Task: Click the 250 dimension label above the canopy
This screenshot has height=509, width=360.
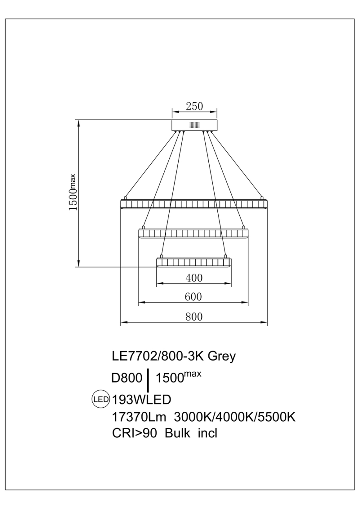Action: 194,106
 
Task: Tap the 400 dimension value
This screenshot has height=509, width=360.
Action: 194,278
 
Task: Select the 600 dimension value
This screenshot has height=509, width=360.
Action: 194,297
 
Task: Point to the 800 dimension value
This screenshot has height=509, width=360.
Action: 194,317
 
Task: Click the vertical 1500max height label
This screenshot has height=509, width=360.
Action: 74,193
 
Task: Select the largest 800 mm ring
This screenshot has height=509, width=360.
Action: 194,204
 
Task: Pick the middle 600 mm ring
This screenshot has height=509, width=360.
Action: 194,234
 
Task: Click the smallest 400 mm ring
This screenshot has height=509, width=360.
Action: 194,262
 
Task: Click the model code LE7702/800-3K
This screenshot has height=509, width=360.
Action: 157,357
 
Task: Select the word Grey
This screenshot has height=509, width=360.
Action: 221,357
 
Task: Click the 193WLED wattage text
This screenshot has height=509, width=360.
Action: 142,400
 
